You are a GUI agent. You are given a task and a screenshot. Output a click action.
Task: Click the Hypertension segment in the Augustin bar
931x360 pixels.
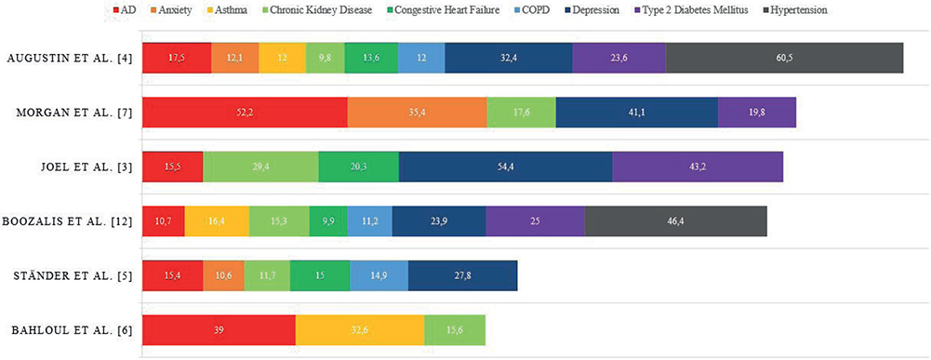(784, 58)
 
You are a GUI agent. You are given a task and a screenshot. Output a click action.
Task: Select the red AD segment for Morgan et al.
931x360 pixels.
(245, 113)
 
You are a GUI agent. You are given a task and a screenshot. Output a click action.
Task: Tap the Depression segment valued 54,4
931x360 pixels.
(505, 167)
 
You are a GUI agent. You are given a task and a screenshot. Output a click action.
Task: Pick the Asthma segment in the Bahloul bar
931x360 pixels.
(360, 329)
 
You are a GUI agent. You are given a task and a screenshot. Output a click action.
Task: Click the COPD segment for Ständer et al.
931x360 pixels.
(379, 275)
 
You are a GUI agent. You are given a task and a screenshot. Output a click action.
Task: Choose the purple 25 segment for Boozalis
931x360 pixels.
(535, 221)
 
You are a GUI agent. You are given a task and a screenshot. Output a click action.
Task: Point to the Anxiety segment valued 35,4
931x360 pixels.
(417, 113)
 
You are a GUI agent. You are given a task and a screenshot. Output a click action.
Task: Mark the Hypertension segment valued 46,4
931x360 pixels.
(675, 221)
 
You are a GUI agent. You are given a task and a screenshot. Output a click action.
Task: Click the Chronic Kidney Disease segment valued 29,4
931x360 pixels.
(260, 167)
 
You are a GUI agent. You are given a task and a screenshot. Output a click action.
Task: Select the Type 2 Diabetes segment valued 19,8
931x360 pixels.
(757, 113)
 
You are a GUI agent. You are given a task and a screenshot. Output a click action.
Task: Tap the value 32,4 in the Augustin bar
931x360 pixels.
(508, 59)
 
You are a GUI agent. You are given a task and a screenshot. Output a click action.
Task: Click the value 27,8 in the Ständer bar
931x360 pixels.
(462, 275)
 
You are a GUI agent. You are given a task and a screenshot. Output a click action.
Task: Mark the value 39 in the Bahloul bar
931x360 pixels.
(219, 330)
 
